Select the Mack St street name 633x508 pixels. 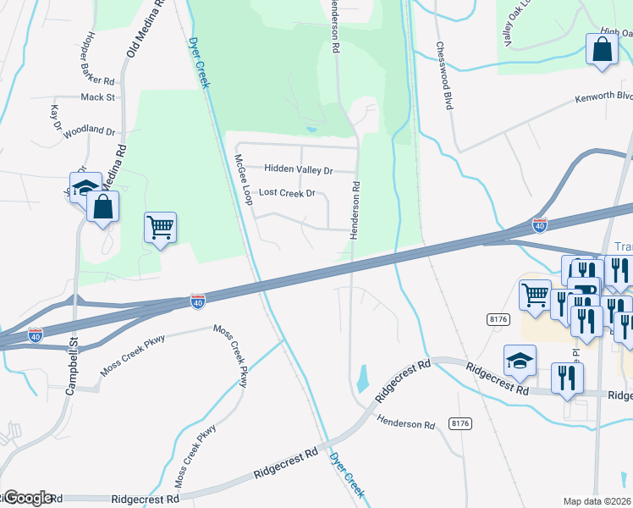click(x=97, y=97)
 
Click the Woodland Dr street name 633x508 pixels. click(x=89, y=131)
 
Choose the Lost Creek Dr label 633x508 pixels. click(x=286, y=193)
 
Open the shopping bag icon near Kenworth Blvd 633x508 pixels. click(x=602, y=50)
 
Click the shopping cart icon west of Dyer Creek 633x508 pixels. click(x=160, y=227)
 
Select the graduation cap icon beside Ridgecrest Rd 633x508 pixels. click(x=520, y=362)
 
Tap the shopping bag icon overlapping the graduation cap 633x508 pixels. click(x=102, y=207)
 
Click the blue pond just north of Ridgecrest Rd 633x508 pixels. click(x=363, y=378)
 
